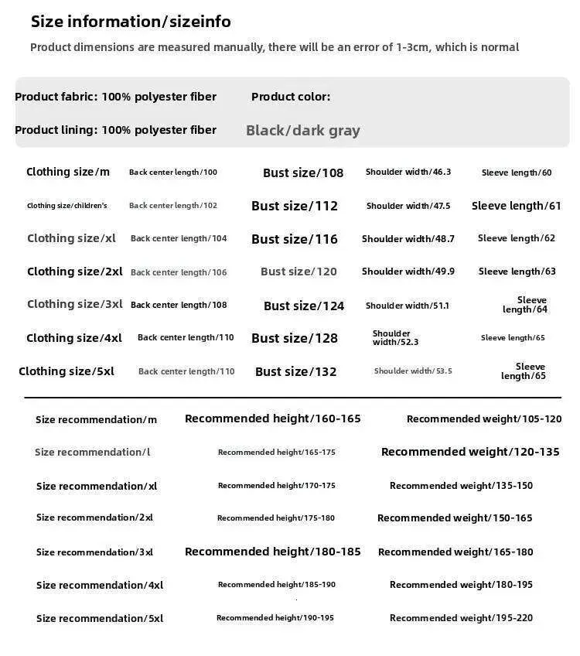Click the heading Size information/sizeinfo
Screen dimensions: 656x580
[131, 22]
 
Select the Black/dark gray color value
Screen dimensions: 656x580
[303, 131]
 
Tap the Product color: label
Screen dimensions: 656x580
[291, 97]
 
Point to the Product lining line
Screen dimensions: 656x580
[115, 130]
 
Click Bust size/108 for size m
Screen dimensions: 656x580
[303, 173]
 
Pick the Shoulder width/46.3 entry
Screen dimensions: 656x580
[408, 172]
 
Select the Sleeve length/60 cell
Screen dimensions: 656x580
[517, 173]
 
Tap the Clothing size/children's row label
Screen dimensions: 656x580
[67, 206]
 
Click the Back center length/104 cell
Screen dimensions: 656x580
[179, 238]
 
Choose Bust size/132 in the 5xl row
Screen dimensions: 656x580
[296, 372]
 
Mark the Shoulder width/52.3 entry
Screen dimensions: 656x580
[395, 338]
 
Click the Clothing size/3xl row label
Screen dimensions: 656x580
[75, 304]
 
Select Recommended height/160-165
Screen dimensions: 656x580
[273, 419]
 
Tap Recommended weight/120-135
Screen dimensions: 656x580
[470, 452]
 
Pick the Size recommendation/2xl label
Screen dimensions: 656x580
[94, 518]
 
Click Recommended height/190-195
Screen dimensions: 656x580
[275, 618]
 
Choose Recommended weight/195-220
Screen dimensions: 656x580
[461, 618]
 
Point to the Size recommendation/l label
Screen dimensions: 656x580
[93, 452]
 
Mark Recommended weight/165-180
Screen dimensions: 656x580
[455, 552]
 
